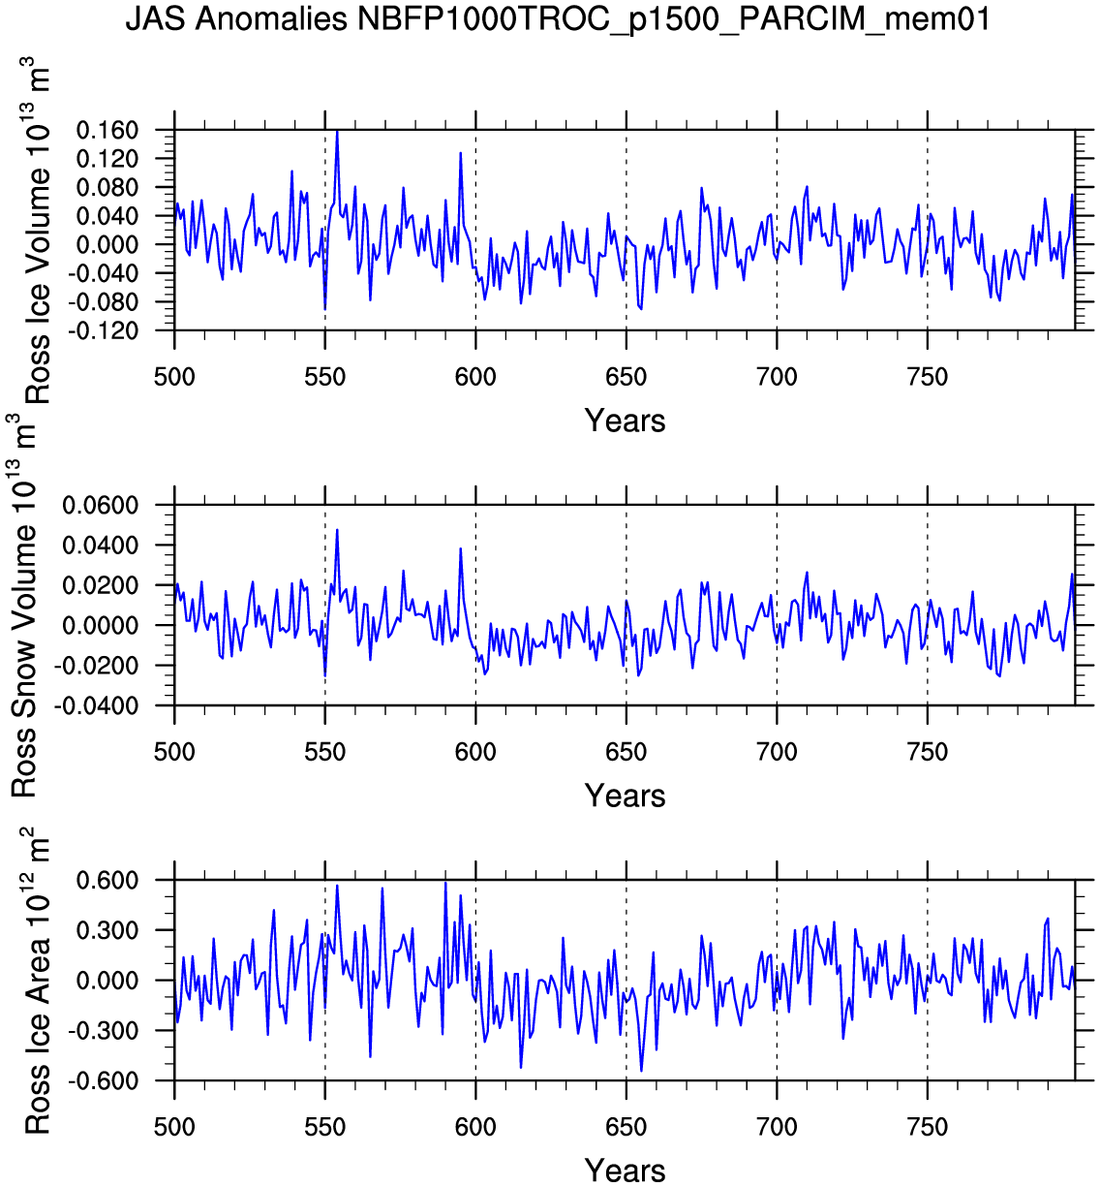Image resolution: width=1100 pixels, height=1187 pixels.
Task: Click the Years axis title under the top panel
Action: coord(625,421)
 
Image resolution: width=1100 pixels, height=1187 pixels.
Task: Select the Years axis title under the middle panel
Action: coord(625,796)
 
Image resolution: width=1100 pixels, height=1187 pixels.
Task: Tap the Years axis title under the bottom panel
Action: coord(625,1170)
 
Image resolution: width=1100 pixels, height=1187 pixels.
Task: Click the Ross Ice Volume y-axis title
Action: coord(37,233)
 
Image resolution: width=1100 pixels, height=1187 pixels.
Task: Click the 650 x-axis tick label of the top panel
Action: coord(626,377)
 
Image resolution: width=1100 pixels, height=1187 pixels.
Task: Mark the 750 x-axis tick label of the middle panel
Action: coord(928,752)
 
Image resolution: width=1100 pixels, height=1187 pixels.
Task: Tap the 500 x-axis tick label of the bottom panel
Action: coord(174,1127)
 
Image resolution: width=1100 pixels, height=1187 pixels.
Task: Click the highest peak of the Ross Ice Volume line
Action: coord(337,130)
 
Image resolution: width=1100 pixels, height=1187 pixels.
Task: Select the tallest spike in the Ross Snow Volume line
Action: coord(337,529)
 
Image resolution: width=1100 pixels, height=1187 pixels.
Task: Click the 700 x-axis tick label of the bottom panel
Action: coord(777,1127)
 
